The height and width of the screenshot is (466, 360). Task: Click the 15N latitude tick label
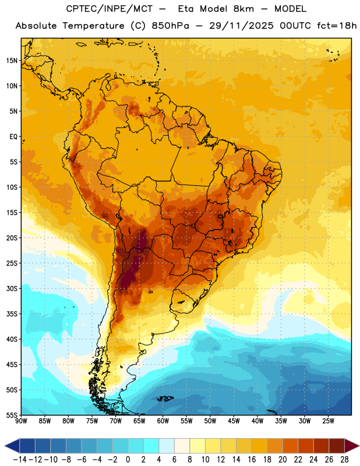pos(12,61)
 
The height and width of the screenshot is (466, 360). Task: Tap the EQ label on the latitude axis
pos(13,137)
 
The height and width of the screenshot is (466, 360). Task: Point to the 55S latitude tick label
pos(12,415)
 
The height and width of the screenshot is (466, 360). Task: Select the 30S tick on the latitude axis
pos(12,288)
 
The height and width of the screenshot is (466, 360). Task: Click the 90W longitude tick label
pos(21,421)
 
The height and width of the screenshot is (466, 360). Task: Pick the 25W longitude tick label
pos(328,421)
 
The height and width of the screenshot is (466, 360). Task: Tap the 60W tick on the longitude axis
pos(163,421)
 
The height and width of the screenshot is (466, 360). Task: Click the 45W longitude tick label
pos(234,421)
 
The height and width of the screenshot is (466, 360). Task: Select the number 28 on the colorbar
pos(344,460)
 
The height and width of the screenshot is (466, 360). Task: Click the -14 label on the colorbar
pos(20,460)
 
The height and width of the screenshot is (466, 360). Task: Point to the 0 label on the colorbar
pos(128,460)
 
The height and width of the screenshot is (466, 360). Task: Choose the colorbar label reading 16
pos(252,460)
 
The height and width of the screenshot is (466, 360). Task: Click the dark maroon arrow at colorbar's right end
pos(352,446)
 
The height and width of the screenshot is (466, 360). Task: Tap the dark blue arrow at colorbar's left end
pos(12,446)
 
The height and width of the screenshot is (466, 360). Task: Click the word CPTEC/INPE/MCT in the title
pos(110,9)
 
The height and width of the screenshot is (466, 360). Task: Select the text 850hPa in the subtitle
pos(170,26)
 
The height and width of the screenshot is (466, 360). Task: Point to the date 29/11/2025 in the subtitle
pos(241,26)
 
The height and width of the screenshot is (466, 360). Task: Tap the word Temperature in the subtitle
pos(93,26)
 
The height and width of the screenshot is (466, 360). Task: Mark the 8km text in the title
pos(243,9)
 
